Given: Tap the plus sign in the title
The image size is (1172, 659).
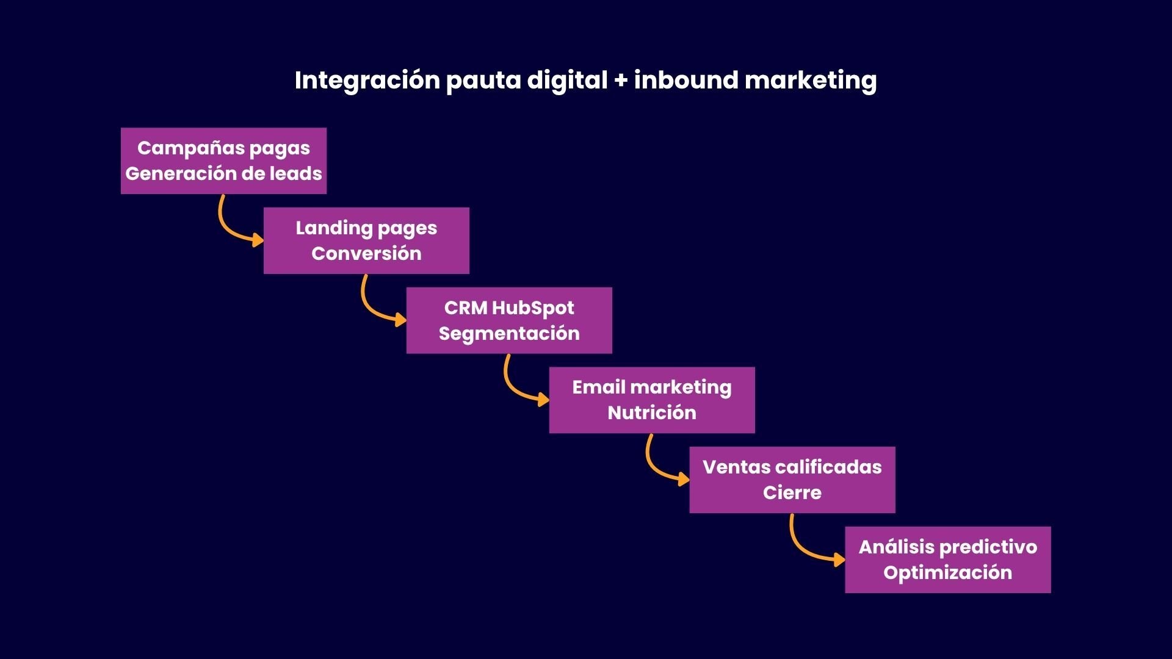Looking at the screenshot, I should [621, 81].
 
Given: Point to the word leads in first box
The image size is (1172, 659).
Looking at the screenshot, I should [296, 174].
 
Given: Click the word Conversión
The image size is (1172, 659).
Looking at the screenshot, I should [366, 254].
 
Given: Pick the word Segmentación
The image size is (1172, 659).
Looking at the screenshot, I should [509, 334].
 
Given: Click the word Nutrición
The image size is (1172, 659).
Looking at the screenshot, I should [652, 413].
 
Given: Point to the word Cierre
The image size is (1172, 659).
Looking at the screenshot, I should [792, 493].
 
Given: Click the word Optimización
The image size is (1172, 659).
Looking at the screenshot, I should [947, 573].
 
